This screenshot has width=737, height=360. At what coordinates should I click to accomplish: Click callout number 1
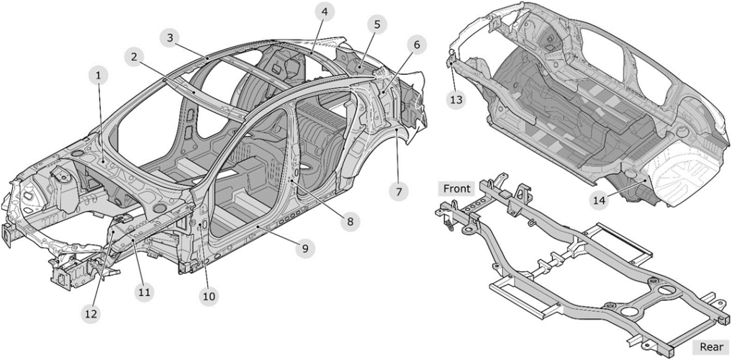[x=99, y=74]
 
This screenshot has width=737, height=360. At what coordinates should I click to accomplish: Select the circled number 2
[x=133, y=57]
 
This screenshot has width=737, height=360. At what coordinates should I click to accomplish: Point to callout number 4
[x=325, y=12]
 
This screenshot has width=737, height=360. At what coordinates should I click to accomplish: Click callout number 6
[x=417, y=45]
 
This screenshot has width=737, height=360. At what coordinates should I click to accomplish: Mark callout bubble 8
[x=350, y=222]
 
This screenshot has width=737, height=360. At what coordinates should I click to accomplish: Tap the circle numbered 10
[x=209, y=295]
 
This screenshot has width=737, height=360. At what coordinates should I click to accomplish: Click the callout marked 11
[x=145, y=292]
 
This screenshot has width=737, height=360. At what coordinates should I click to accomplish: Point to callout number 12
[x=90, y=313]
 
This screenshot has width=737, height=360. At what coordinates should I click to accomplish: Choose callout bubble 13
[x=456, y=100]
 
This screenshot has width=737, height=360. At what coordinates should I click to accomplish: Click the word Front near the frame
[x=456, y=189]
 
